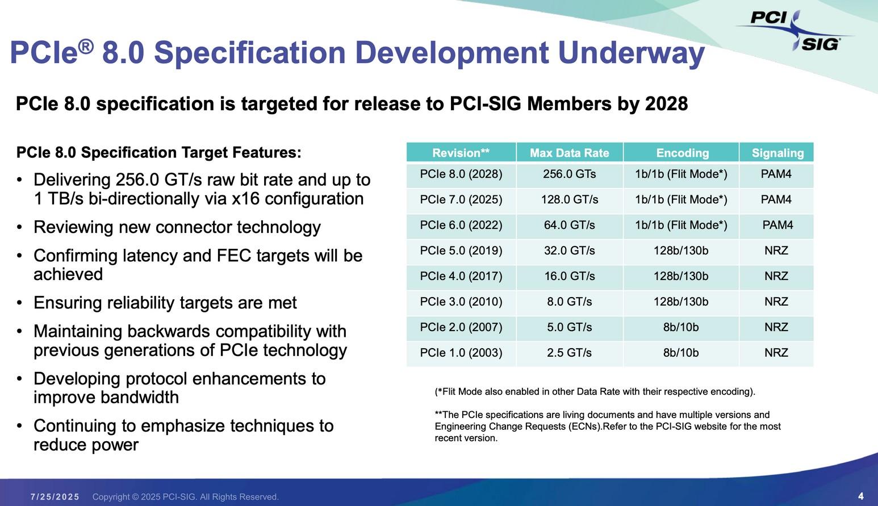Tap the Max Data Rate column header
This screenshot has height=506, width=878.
569,153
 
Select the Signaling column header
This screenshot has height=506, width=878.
777,153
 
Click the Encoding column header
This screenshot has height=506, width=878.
682,153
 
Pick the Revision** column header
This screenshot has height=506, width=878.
461,153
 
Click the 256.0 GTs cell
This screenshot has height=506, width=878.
569,174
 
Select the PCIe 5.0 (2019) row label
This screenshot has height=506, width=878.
461,251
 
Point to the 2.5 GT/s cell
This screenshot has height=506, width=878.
569,353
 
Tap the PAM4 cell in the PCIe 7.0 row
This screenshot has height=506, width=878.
776,200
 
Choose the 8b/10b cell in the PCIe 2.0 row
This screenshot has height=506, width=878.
680,328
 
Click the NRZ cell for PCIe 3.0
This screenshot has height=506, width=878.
776,302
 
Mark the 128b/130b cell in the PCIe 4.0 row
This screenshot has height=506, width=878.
680,277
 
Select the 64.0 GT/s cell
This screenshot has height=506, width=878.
569,225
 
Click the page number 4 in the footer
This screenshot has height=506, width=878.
861,496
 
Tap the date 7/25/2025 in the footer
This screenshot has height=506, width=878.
55,497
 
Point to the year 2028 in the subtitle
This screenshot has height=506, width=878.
666,104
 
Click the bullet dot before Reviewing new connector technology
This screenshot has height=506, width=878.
20,228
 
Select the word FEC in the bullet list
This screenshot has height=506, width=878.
234,256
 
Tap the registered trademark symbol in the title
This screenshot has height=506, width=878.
85,45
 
